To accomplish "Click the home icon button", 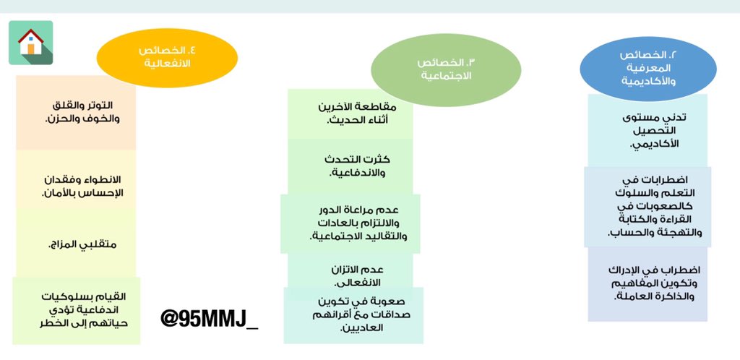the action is pyautogui.click(x=30, y=43).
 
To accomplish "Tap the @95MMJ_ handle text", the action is pyautogui.click(x=209, y=318).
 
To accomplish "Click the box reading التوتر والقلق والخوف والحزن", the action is pyautogui.click(x=76, y=112).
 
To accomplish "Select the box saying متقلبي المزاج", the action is pyautogui.click(x=76, y=243).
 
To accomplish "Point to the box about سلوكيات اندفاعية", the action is pyautogui.click(x=76, y=309).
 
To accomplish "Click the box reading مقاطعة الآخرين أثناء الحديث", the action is pyautogui.click(x=350, y=113).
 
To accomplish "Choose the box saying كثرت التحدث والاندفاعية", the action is pyautogui.click(x=350, y=166).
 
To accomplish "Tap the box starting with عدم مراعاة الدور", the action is pyautogui.click(x=350, y=223).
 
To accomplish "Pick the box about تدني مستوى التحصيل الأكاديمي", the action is pyautogui.click(x=647, y=130).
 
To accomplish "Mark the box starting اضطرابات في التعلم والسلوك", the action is pyautogui.click(x=647, y=206).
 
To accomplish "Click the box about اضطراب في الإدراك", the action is pyautogui.click(x=647, y=283).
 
